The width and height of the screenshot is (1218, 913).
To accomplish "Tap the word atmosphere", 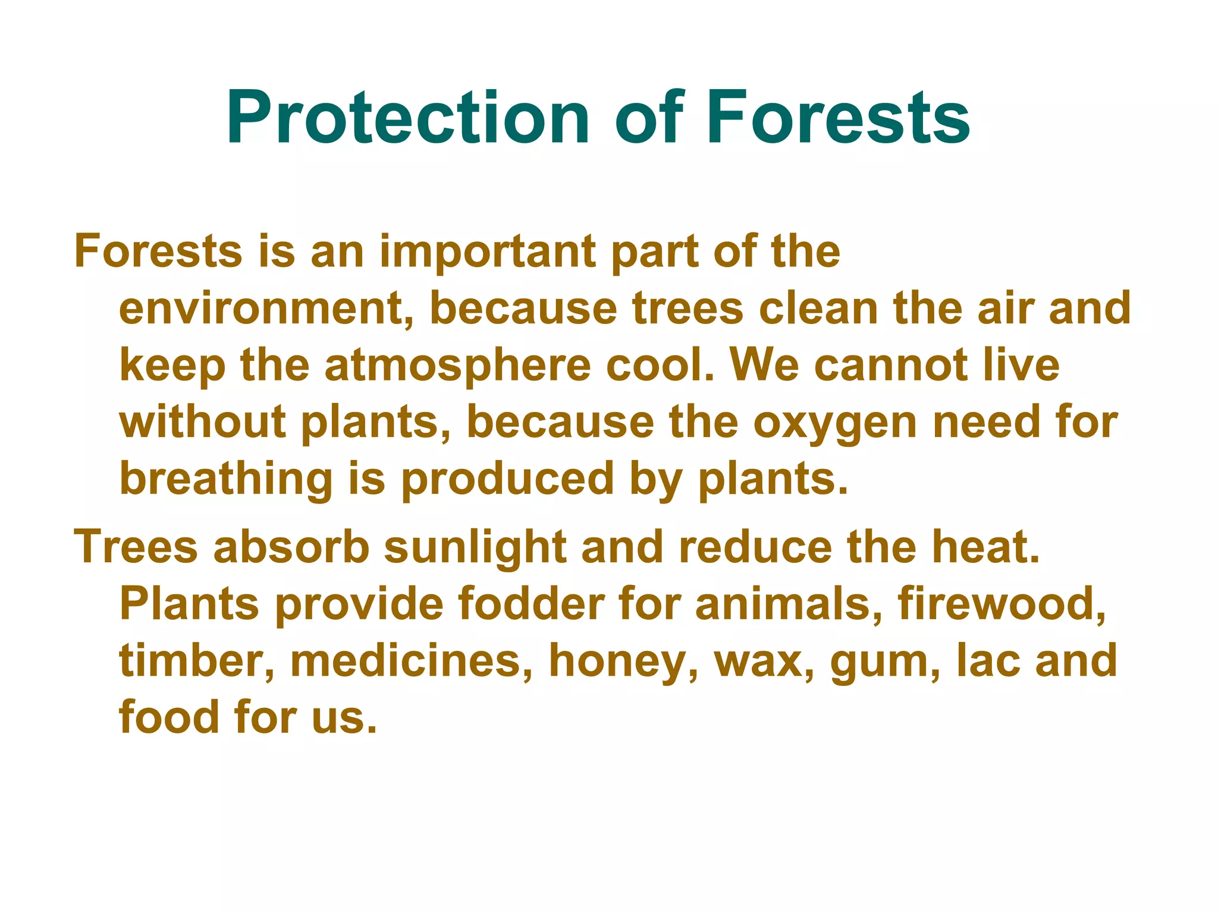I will tap(458, 366).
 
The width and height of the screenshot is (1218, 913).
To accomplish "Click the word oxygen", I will tap(835, 423).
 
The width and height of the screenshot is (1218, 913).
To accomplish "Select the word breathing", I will tap(226, 480).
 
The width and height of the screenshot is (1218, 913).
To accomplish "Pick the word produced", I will tap(507, 479).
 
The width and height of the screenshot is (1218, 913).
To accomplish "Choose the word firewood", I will tap(1003, 605).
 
